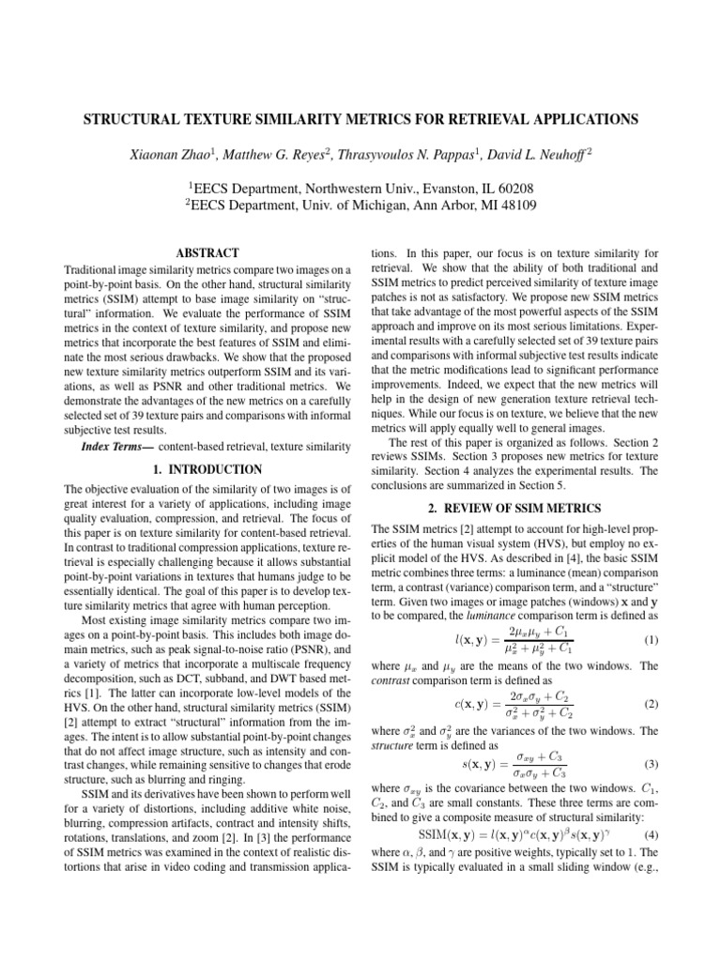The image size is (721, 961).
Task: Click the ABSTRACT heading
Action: [207, 252]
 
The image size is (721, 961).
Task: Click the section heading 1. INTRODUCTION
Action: [207, 468]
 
